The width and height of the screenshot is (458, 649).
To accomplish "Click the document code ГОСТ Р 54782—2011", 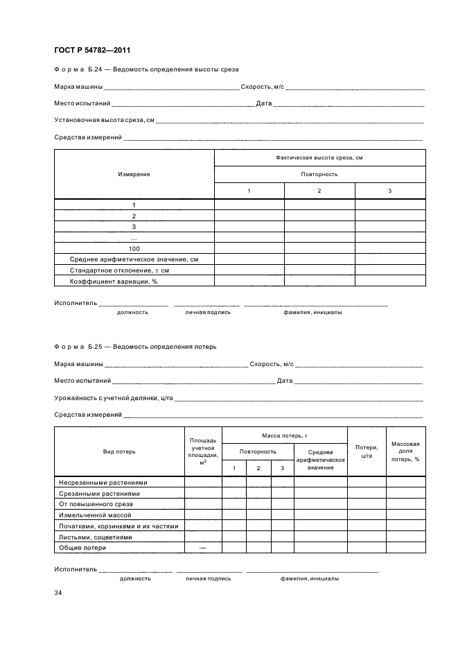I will pyautogui.click(x=92, y=50).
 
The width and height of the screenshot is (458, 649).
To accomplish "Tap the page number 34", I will pyautogui.click(x=58, y=593).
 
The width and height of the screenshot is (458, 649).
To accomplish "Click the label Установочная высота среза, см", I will pyautogui.click(x=104, y=121).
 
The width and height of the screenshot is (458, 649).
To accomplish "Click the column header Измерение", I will pyautogui.click(x=134, y=174).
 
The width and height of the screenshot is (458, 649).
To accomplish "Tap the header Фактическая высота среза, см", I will pyautogui.click(x=319, y=157).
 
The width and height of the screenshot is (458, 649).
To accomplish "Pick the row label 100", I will pyautogui.click(x=134, y=248).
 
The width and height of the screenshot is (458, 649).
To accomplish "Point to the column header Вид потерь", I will pyautogui.click(x=119, y=451).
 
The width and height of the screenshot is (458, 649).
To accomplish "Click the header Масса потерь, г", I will pyautogui.click(x=284, y=435).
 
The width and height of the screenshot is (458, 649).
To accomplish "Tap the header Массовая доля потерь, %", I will pyautogui.click(x=405, y=451).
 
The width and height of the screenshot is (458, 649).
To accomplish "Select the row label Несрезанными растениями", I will pyautogui.click(x=103, y=482).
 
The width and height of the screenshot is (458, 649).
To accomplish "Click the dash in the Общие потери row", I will pyautogui.click(x=202, y=548).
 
